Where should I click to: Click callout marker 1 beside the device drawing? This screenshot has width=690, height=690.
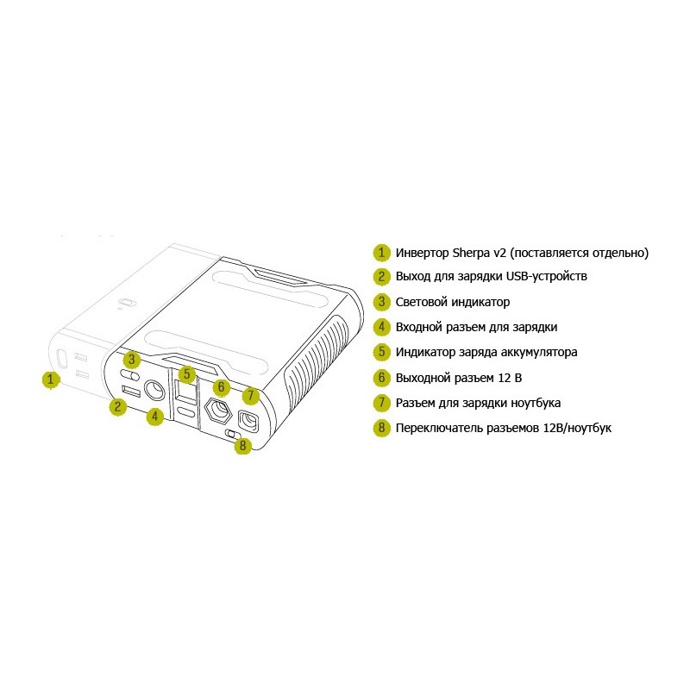pos(51,379)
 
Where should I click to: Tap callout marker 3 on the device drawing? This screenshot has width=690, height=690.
pos(132,360)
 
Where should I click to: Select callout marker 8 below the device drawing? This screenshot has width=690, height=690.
pos(243,445)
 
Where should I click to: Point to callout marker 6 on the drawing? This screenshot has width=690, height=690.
pos(222,387)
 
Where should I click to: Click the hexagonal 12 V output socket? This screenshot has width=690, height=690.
pos(218,409)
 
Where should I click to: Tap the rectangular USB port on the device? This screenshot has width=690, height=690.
pos(132,391)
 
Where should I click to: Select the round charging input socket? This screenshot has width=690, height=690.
pos(154,390)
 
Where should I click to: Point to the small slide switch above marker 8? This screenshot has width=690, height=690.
pos(233,434)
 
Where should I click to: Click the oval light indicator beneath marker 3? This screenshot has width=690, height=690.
pos(130,374)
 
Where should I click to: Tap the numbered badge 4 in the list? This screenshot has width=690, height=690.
pos(381,327)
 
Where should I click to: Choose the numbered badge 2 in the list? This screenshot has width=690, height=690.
pos(381,276)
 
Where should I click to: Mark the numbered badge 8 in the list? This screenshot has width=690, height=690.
pos(381,428)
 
